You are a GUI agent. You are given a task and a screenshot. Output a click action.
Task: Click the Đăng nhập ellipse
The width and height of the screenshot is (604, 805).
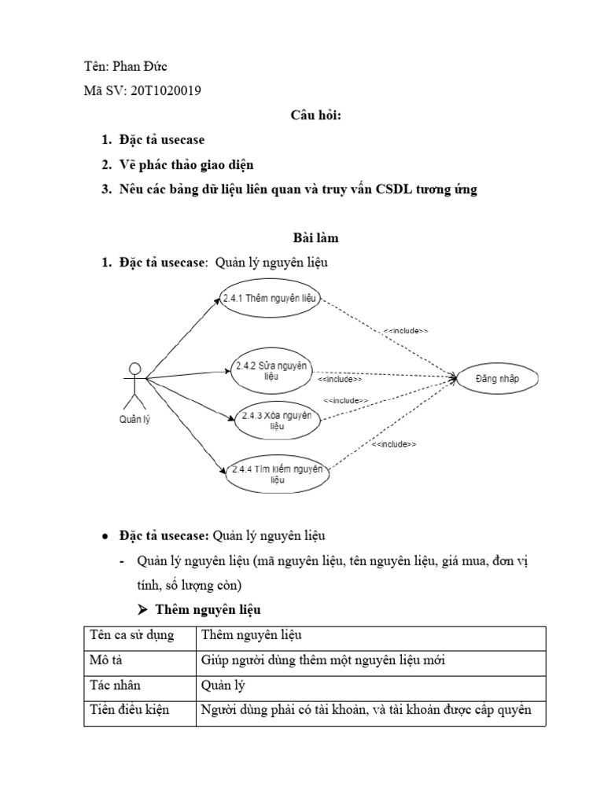tap(498, 379)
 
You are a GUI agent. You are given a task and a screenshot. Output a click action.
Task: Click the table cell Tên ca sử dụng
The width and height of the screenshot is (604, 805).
tap(138, 634)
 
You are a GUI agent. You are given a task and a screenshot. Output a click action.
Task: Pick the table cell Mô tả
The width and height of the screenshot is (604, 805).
tap(138, 660)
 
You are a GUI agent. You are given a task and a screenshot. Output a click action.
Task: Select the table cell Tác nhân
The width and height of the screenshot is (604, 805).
tap(138, 685)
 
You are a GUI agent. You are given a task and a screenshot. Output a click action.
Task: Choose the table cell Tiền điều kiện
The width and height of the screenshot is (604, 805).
tap(138, 711)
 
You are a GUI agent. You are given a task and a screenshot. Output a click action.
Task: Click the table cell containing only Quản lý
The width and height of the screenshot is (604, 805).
tap(223, 685)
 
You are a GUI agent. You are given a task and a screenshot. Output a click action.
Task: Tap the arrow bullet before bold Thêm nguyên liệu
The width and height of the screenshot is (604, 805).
tap(143, 610)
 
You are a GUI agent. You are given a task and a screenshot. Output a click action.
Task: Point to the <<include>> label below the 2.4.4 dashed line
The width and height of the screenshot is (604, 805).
tap(393, 445)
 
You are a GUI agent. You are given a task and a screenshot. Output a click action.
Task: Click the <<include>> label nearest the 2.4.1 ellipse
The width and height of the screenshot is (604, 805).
tap(406, 331)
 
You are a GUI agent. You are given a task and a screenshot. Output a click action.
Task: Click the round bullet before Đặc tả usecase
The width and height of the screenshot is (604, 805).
tap(105, 536)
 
